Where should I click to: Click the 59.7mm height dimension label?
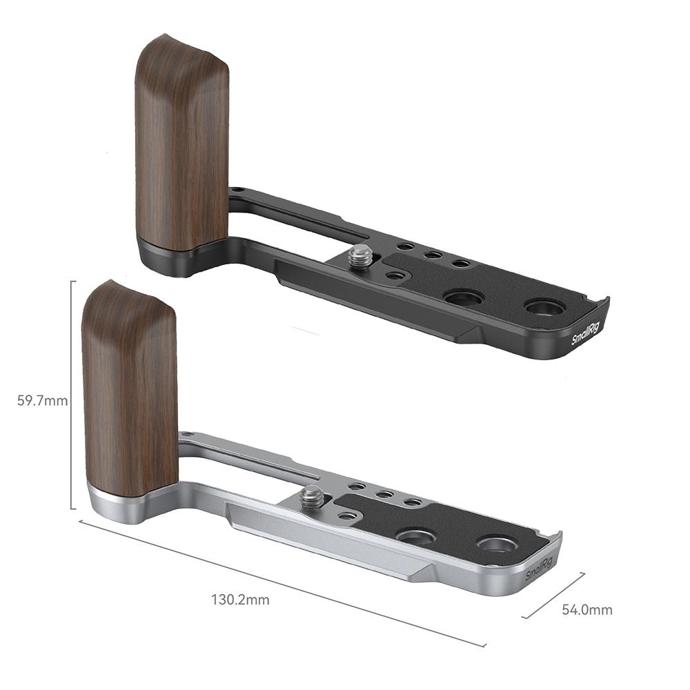(x=43, y=401)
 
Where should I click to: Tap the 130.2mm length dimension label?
(x=240, y=600)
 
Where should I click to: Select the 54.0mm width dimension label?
(x=587, y=609)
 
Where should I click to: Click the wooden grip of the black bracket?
(x=181, y=143)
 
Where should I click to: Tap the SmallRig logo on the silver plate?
(x=539, y=569)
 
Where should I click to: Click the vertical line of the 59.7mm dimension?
(x=71, y=395)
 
